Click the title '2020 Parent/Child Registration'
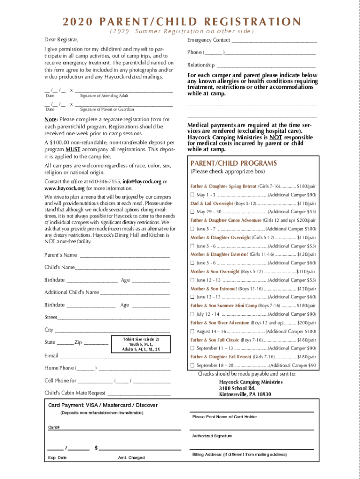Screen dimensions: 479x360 [x=180, y=22]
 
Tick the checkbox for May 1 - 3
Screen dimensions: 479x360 [x=192, y=195]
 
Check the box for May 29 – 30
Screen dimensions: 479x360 [x=192, y=212]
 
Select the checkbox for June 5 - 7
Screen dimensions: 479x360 [x=192, y=229]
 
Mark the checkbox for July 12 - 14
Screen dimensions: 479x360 [x=192, y=314]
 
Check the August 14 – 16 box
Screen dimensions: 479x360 [x=192, y=331]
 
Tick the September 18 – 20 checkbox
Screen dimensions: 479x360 [x=192, y=365]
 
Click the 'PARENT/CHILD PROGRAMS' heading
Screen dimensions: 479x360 [x=227, y=163]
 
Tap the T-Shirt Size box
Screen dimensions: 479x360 [x=141, y=344]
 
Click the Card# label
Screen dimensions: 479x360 [x=54, y=427]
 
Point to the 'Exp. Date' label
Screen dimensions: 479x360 [x=57, y=457]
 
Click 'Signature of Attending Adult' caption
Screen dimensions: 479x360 [x=104, y=96]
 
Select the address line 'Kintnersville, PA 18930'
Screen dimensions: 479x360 [x=245, y=394]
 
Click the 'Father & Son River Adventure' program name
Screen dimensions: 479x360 [x=220, y=323]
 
